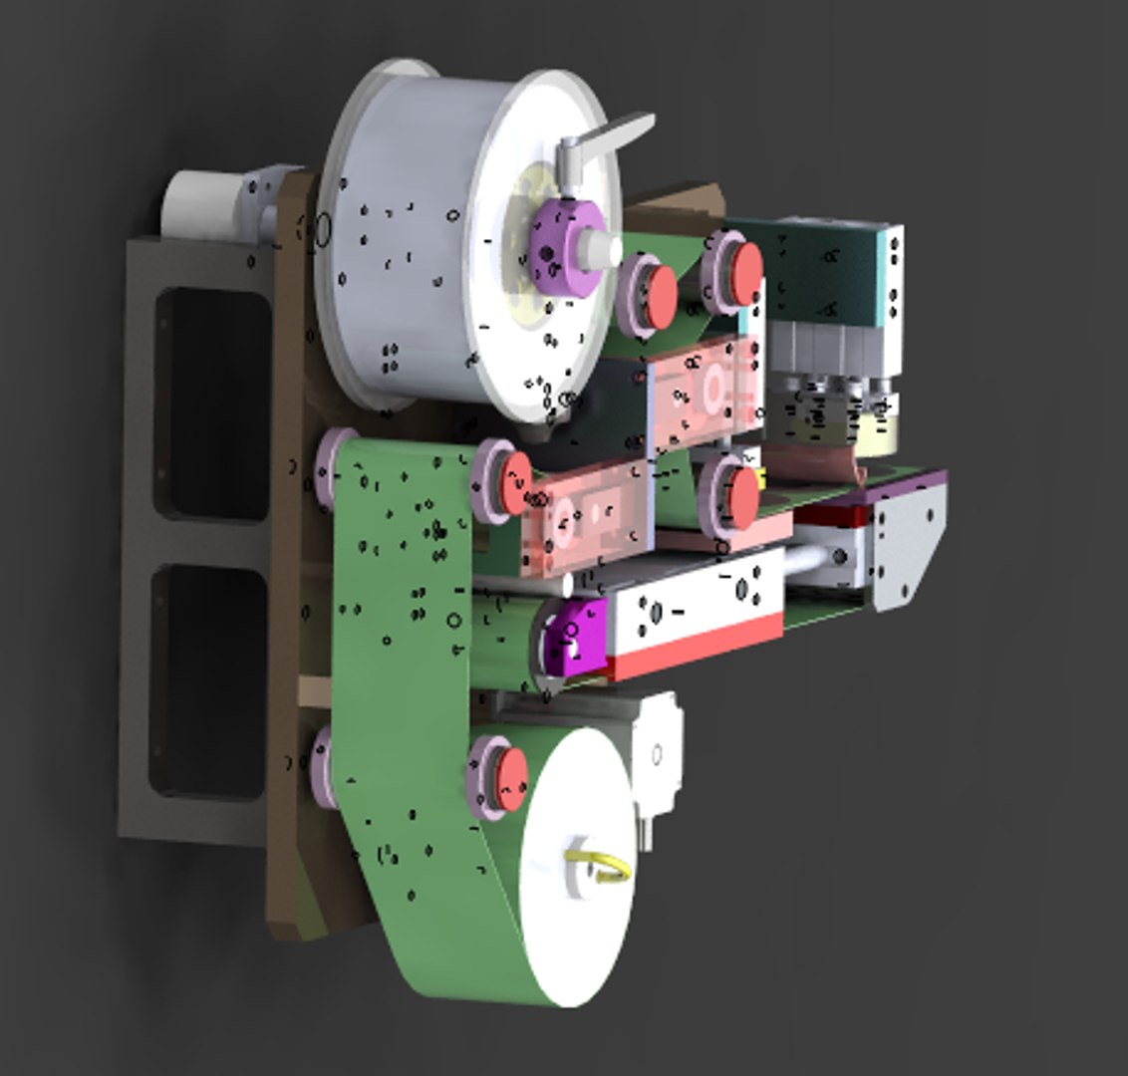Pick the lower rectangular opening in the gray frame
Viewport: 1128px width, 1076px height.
point(208,681)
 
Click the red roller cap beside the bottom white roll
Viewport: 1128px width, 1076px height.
point(511,778)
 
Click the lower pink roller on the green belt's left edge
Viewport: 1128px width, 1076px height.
point(321,762)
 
